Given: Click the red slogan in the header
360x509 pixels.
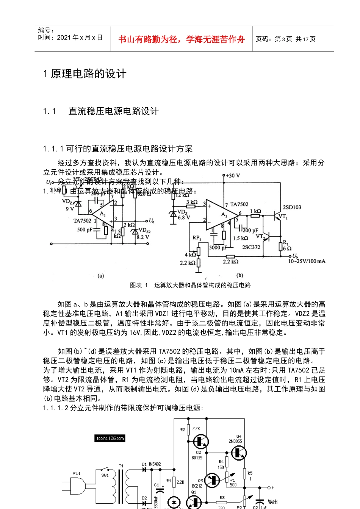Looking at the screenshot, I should tap(182, 39).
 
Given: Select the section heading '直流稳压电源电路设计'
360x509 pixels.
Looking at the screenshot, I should tap(113, 111).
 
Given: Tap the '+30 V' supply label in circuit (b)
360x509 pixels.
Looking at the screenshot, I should tap(232, 176).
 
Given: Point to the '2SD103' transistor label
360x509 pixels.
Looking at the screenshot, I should tap(292, 207).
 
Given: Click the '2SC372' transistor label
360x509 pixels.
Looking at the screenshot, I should tap(251, 247).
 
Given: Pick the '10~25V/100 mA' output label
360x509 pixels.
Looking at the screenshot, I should tap(307, 261).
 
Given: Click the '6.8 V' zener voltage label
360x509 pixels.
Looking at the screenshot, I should tap(184, 217).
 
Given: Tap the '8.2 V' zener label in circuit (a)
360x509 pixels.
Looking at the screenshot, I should tap(143, 237).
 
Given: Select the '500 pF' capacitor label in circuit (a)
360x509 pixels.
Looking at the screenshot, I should tap(85, 230).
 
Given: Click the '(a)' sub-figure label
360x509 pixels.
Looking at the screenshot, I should tap(101, 276).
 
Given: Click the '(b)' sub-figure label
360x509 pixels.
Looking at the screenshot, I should tap(240, 275).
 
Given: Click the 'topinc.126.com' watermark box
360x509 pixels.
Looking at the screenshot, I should tap(110, 439).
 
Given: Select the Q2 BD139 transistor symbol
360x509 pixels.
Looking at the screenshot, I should tap(200, 441).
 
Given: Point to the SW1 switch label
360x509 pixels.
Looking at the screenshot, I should tap(105, 475).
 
